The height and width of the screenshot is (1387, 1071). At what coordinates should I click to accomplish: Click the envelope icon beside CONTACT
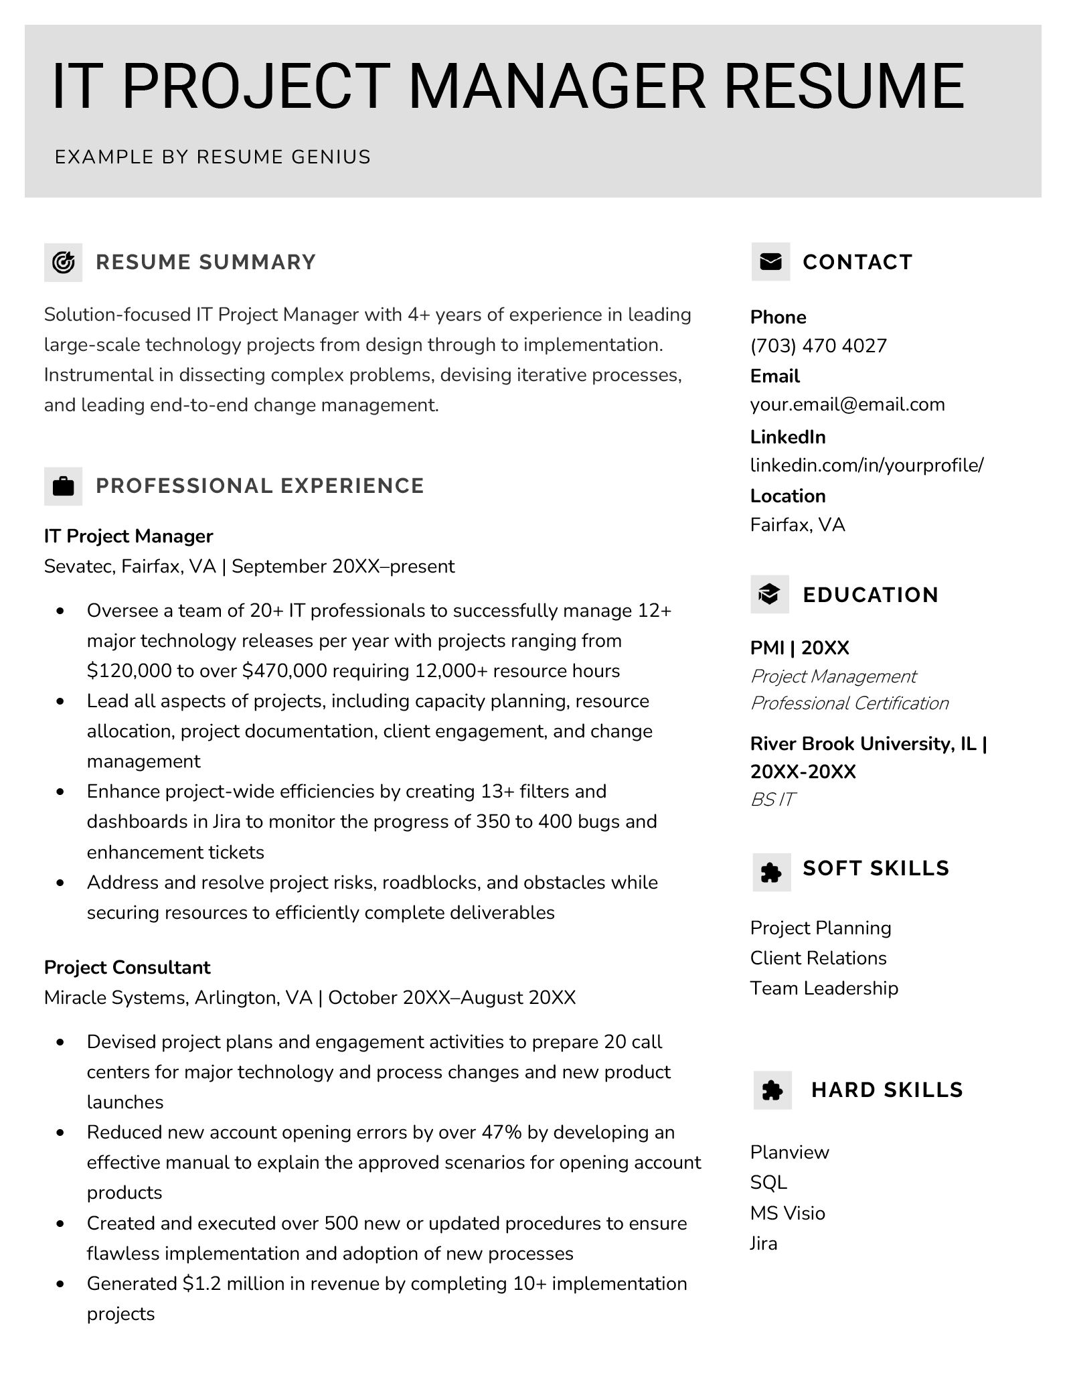tap(770, 262)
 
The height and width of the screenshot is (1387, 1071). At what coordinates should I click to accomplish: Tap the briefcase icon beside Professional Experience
tap(63, 486)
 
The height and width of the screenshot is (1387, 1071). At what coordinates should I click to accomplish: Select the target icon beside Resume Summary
tap(63, 262)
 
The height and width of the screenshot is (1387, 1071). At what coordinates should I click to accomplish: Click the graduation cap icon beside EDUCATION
tap(769, 594)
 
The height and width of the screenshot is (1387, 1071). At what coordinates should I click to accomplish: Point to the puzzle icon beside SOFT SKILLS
tap(771, 872)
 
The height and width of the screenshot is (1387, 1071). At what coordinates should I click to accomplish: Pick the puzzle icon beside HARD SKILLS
tap(772, 1090)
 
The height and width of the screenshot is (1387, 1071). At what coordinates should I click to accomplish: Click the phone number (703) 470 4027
tap(818, 346)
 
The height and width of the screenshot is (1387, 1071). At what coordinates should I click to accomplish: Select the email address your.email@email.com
tap(847, 405)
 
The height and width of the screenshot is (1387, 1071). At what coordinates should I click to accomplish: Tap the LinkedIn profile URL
tap(866, 465)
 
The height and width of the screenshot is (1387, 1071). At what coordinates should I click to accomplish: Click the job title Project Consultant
tap(127, 967)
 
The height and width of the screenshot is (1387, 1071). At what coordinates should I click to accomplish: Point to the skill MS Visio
tap(787, 1213)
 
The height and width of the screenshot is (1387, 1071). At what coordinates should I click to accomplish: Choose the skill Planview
tap(789, 1153)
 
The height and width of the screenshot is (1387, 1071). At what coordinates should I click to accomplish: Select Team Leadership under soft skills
tap(823, 988)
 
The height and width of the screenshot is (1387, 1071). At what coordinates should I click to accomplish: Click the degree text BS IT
tap(772, 799)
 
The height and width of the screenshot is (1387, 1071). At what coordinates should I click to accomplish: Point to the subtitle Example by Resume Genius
tap(213, 157)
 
